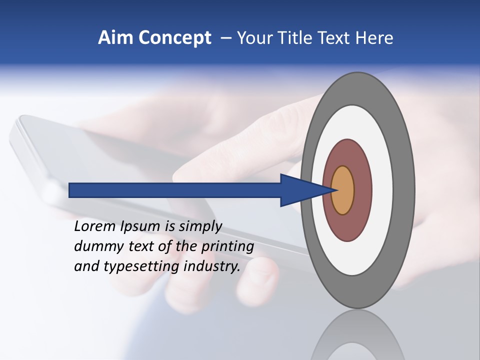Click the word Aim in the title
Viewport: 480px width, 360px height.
(x=116, y=37)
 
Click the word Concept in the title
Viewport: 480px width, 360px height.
(x=175, y=37)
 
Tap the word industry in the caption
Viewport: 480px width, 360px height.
(x=212, y=266)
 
